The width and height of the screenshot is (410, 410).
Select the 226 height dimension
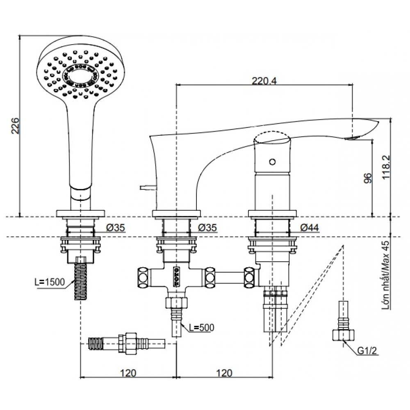pyautogui.click(x=15, y=126)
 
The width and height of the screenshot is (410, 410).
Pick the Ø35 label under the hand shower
pyautogui.click(x=116, y=228)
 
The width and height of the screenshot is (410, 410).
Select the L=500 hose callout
pyautogui.click(x=201, y=327)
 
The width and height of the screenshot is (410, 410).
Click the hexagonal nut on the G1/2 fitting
pyautogui.click(x=340, y=335)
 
